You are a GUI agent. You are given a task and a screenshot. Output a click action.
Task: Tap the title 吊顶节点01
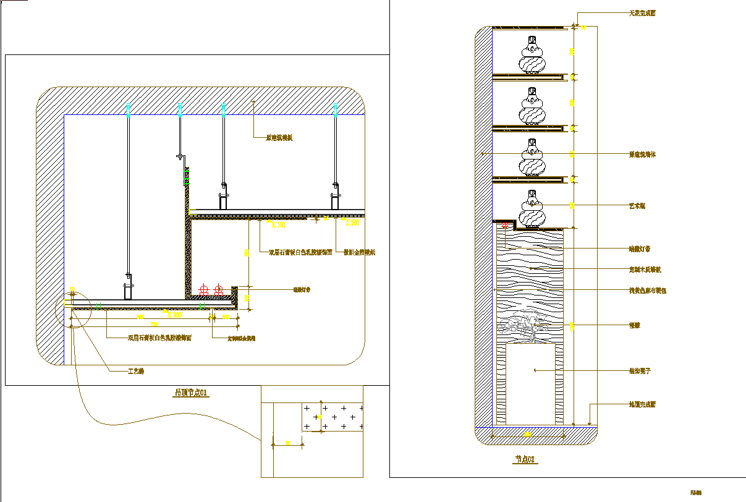click(x=191, y=393)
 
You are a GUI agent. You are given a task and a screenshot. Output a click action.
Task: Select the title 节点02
click(x=525, y=459)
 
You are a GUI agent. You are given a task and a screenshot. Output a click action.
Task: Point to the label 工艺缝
click(x=135, y=372)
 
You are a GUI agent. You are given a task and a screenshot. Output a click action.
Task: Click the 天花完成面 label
click(x=642, y=13)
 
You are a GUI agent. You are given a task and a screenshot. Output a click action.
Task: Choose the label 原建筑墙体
click(x=642, y=155)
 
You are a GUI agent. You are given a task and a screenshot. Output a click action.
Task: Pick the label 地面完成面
click(x=642, y=404)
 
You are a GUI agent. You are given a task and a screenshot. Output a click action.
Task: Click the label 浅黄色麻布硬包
click(x=647, y=290)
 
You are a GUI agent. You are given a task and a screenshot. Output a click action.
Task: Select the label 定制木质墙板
click(x=645, y=270)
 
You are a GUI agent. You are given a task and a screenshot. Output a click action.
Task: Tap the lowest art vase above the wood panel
click(x=532, y=210)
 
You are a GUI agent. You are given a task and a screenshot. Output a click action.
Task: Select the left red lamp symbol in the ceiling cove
click(x=204, y=289)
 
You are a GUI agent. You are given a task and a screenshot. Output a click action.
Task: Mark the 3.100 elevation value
click(x=278, y=226)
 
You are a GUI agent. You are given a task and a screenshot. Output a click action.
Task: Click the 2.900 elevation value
click(x=352, y=223)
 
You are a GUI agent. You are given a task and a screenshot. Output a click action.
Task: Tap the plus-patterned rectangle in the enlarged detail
click(x=333, y=417)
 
